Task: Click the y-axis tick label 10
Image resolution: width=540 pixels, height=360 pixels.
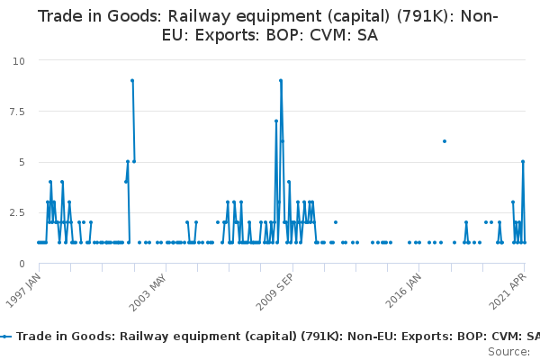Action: [x=19, y=61]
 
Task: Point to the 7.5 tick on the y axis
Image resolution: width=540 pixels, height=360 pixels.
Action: [x=17, y=112]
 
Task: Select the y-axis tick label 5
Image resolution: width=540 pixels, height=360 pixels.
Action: [x=22, y=162]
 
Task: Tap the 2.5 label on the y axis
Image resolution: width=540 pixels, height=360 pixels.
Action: [x=17, y=213]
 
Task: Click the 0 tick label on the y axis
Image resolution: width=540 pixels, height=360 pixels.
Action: [x=22, y=264]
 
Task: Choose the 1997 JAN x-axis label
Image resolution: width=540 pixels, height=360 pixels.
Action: [x=23, y=291]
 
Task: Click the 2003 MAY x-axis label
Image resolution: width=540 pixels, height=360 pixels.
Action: [x=148, y=292]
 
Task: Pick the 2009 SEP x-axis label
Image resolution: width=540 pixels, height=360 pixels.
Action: [x=274, y=292]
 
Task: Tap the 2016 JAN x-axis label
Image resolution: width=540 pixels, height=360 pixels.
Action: [x=403, y=291]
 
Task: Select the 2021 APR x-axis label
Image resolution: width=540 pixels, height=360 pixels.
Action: [x=508, y=292]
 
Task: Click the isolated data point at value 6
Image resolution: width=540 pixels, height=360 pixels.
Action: [x=445, y=141]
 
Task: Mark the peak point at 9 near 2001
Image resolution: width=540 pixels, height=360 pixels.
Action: [x=132, y=81]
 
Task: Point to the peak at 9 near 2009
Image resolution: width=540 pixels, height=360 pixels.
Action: [x=281, y=81]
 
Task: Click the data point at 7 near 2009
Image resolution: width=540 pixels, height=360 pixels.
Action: [x=276, y=121]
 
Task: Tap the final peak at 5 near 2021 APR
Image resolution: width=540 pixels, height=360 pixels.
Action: [x=523, y=162]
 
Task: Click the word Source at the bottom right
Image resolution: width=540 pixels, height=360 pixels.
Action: [x=508, y=352]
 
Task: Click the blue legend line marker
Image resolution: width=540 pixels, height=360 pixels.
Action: [x=5, y=337]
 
